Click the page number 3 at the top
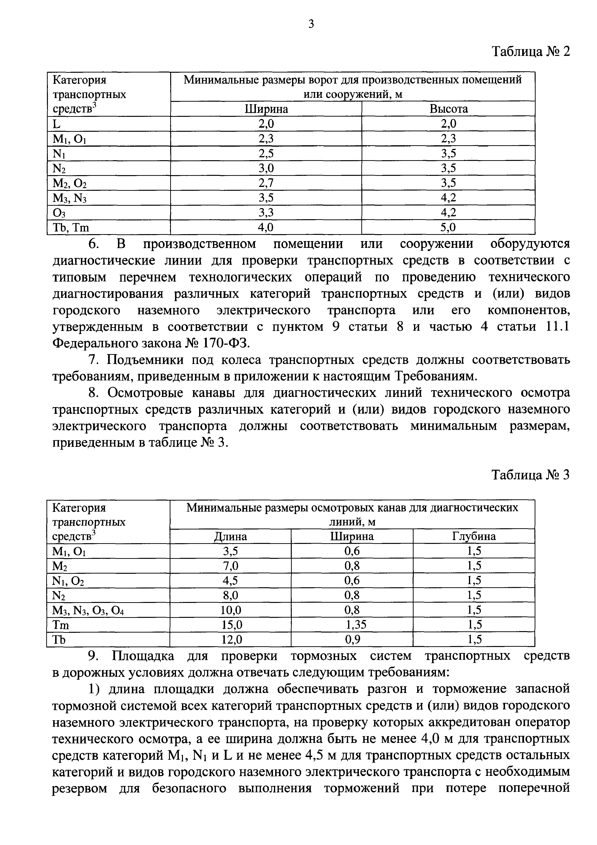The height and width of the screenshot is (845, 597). (311, 24)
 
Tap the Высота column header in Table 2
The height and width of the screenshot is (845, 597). (448, 109)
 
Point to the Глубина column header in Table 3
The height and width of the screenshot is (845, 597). (474, 536)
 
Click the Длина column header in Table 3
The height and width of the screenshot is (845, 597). (230, 536)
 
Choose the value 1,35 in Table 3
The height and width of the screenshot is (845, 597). (356, 625)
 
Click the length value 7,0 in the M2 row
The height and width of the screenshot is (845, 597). (231, 566)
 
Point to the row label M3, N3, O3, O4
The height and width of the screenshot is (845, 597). (88, 610)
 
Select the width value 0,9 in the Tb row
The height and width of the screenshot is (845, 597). (352, 640)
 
